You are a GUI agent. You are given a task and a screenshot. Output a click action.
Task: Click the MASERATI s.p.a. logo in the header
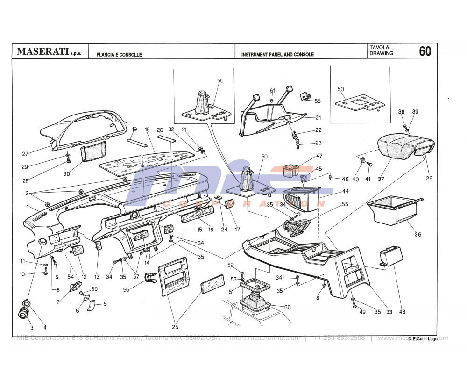click(49, 51)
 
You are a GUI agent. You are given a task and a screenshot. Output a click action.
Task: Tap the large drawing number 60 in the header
click(425, 51)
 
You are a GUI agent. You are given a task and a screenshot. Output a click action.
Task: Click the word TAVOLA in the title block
click(379, 48)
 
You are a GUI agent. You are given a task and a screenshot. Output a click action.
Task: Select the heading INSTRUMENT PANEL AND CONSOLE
click(277, 55)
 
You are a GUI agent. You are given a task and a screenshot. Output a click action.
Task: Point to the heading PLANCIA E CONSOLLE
click(119, 55)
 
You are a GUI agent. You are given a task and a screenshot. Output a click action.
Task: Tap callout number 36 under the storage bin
click(418, 234)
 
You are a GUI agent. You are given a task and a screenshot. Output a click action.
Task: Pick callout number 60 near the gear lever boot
click(287, 307)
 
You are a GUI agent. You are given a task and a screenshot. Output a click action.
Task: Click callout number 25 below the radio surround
click(175, 326)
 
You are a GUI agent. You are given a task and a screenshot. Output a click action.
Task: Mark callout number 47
click(319, 156)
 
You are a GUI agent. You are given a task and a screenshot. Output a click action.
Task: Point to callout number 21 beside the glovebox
click(318, 117)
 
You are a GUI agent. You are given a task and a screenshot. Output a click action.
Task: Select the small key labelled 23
click(297, 145)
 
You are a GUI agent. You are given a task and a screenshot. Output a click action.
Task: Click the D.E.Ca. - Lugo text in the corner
click(423, 339)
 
